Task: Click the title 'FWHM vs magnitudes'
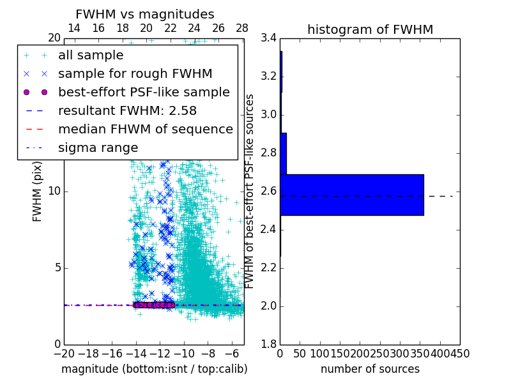145,14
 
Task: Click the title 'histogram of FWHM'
370,29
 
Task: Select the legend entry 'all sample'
91,56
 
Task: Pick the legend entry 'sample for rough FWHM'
135,73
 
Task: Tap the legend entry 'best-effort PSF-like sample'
144,92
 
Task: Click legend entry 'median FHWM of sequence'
145,129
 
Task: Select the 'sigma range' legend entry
98,147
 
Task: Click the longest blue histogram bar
351,195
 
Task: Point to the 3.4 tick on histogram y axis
268,38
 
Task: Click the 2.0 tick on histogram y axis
268,306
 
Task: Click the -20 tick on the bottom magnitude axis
64,353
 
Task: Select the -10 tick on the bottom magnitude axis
184,353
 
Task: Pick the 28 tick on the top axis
242,29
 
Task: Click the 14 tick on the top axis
74,29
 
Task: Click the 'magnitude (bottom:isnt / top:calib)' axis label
154,369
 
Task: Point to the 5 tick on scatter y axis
56,267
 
